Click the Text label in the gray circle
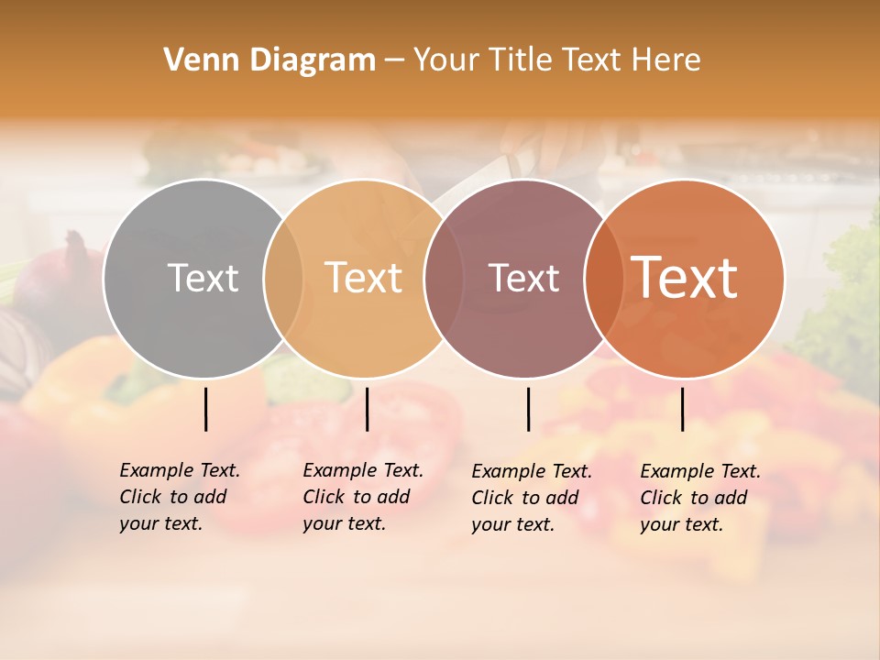203,278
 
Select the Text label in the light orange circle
364,278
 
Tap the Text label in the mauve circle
523,278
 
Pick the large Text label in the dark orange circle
684,278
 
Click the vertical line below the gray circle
206,409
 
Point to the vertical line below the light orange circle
367,409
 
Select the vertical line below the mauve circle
529,409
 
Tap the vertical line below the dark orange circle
683,409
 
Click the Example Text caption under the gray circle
179,497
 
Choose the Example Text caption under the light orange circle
362,497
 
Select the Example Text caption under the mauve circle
531,498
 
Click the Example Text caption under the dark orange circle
699,498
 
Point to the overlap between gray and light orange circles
283,279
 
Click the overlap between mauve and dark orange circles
603,279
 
